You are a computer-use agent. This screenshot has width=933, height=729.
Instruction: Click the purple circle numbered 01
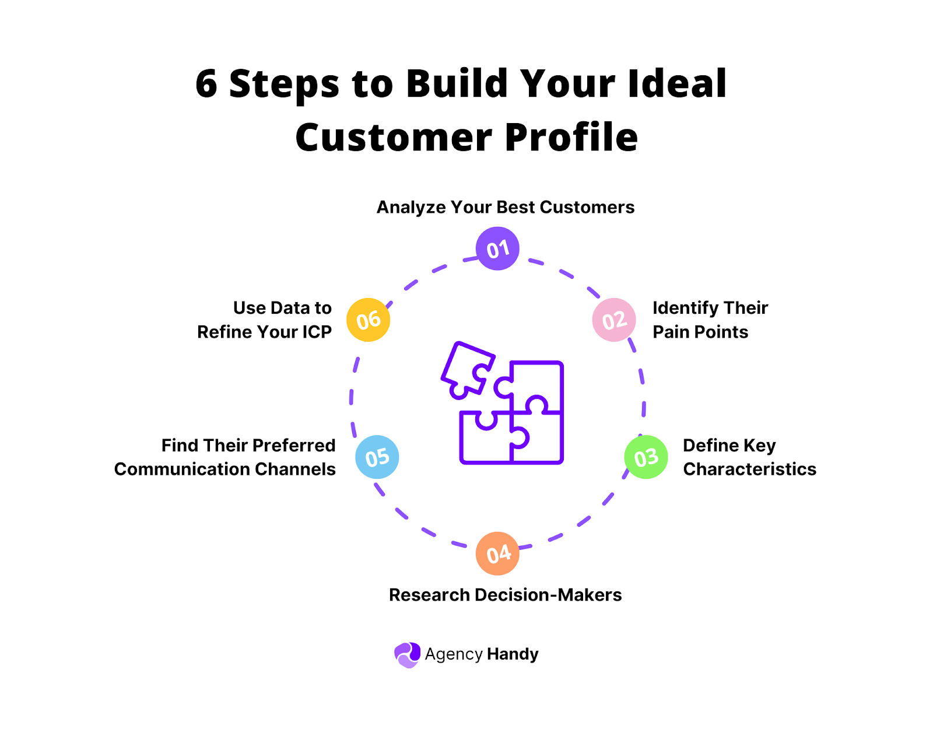click(x=497, y=249)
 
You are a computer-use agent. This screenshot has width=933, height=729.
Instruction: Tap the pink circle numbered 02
click(x=614, y=320)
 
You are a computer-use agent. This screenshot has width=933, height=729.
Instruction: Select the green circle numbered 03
click(x=646, y=458)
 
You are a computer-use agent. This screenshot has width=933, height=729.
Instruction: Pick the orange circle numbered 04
click(x=497, y=553)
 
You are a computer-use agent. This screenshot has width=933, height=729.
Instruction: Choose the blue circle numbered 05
click(x=377, y=457)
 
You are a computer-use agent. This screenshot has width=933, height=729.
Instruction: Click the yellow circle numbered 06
click(x=368, y=320)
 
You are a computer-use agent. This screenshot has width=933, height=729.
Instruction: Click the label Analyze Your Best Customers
click(x=505, y=208)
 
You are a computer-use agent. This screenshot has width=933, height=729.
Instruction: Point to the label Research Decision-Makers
click(x=505, y=595)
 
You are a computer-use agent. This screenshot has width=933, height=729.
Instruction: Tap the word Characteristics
click(x=749, y=469)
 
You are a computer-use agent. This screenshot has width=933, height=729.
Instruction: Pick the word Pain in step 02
click(x=668, y=332)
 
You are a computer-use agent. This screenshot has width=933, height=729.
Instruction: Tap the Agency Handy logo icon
click(x=407, y=655)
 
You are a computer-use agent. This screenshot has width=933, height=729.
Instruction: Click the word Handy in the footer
click(x=513, y=654)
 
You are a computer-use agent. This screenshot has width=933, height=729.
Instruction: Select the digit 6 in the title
click(x=206, y=84)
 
